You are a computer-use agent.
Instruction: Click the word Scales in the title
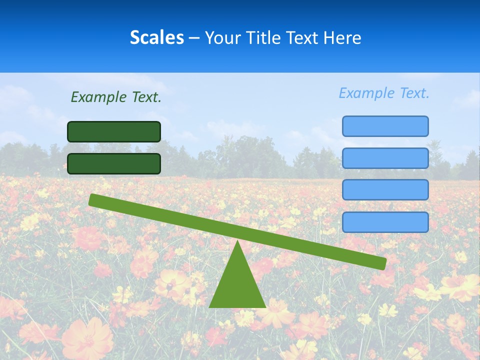(156, 37)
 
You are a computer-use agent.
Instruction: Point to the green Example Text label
(116, 97)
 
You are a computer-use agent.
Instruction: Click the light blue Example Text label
(384, 93)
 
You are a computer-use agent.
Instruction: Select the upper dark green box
(114, 131)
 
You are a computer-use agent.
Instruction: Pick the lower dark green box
(114, 163)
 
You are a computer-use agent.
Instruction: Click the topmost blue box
(385, 126)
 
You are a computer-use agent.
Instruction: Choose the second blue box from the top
(385, 158)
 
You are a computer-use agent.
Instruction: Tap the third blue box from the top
(385, 189)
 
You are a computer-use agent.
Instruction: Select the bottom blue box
(385, 222)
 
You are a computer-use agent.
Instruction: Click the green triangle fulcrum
(237, 285)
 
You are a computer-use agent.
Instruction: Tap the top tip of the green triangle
(237, 242)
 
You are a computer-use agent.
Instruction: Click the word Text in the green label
(146, 97)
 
